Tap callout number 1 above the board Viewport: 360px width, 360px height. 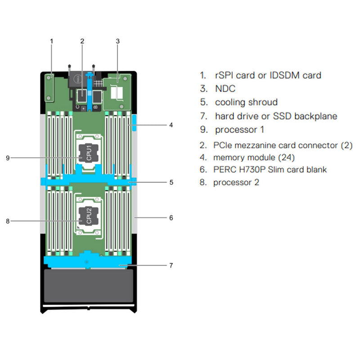(x=51, y=41)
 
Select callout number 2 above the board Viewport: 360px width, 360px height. (x=82, y=41)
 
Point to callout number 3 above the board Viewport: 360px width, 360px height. (x=117, y=41)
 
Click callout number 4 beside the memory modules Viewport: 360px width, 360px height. (x=171, y=125)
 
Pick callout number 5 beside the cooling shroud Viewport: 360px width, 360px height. (x=171, y=183)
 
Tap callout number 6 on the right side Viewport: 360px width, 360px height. (x=171, y=218)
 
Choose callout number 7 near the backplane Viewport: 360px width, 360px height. (x=171, y=265)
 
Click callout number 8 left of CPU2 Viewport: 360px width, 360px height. (x=8, y=220)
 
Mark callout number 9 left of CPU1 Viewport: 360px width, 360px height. (x=8, y=157)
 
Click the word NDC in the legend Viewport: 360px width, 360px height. (x=225, y=89)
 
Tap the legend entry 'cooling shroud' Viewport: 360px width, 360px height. (x=246, y=102)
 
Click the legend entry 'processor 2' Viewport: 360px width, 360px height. (x=236, y=182)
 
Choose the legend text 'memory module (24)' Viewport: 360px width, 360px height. (x=254, y=157)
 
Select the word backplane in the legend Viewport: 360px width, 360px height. (x=315, y=116)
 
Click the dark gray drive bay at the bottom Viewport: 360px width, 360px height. (x=89, y=286)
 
